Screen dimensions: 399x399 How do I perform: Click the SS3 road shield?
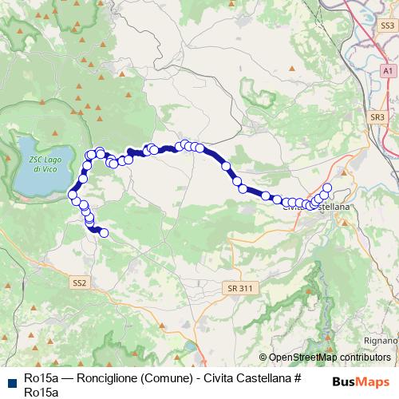click(x=388, y=26)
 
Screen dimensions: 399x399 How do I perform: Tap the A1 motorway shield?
click(x=388, y=71)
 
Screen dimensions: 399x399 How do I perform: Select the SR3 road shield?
click(x=377, y=117)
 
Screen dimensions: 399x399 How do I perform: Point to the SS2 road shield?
click(x=79, y=282)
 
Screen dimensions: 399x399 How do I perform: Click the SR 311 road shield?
click(x=236, y=286)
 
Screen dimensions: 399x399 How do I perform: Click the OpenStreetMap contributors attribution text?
click(x=330, y=358)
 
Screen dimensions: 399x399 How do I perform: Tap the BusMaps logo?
click(x=361, y=381)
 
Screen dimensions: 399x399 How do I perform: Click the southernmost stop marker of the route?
click(x=103, y=233)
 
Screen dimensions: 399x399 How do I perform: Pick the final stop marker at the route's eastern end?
click(x=326, y=188)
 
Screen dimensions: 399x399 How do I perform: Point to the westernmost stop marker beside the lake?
click(x=73, y=194)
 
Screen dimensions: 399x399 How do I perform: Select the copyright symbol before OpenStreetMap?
click(x=263, y=358)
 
